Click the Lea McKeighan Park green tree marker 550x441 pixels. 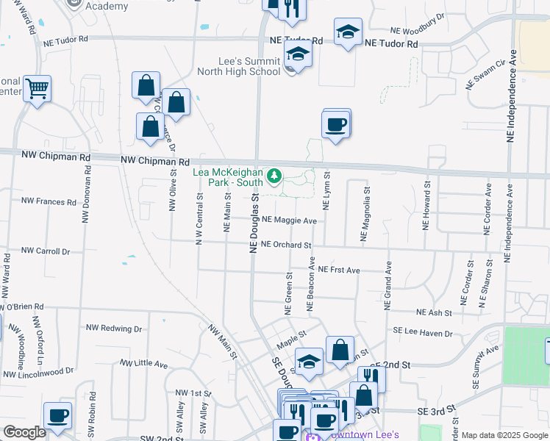[274, 176]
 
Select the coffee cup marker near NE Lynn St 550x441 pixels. [336, 124]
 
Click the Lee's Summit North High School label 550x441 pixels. [239, 66]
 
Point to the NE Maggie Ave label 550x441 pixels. [289, 220]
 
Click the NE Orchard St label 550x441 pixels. [286, 245]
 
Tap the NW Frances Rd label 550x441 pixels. [49, 201]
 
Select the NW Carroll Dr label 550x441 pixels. [45, 251]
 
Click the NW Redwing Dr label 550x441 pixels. [113, 328]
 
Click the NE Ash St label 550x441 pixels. [433, 313]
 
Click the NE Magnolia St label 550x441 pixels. [364, 214]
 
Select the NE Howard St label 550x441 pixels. [426, 209]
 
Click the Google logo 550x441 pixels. [25, 433]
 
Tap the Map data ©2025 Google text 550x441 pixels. [504, 435]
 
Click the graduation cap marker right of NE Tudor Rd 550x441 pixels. [348, 32]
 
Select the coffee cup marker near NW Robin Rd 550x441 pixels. [57, 416]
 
